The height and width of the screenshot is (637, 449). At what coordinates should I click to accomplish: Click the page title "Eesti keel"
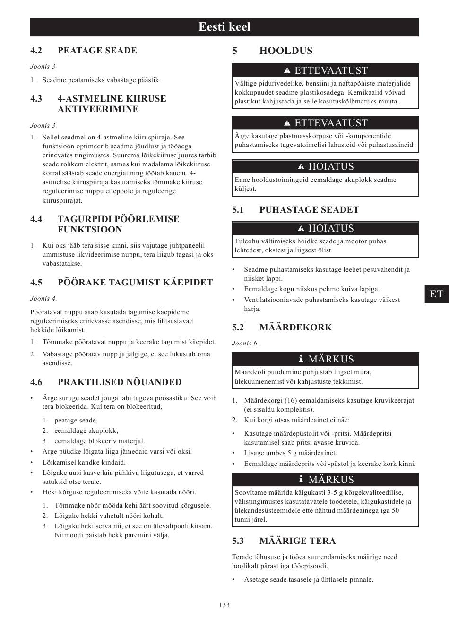point(224,27)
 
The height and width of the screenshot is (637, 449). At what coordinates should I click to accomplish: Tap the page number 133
point(224,605)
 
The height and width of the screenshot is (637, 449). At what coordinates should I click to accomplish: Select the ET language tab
point(437,294)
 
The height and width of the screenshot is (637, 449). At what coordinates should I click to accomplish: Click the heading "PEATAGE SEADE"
point(97,51)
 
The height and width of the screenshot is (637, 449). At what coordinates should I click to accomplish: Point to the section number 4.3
point(36,99)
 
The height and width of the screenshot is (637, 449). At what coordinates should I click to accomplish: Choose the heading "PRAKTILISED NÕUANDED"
point(120,382)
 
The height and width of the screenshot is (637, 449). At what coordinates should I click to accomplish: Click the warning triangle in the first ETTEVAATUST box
point(287,71)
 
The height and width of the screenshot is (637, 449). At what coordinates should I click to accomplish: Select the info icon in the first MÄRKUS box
point(301,359)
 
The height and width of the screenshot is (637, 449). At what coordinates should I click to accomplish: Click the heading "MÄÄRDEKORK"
point(295,327)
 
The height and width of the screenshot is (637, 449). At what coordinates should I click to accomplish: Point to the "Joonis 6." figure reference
point(245,343)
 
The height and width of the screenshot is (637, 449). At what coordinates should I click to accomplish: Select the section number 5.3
point(238,541)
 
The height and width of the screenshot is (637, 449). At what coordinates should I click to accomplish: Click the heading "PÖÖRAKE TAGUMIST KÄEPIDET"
point(135,283)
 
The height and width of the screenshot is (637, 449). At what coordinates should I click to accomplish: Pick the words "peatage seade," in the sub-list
point(76,420)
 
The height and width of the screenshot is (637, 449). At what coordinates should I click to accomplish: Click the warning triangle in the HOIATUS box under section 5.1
point(301,229)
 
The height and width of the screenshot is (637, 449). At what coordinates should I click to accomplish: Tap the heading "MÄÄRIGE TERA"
point(297,541)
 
